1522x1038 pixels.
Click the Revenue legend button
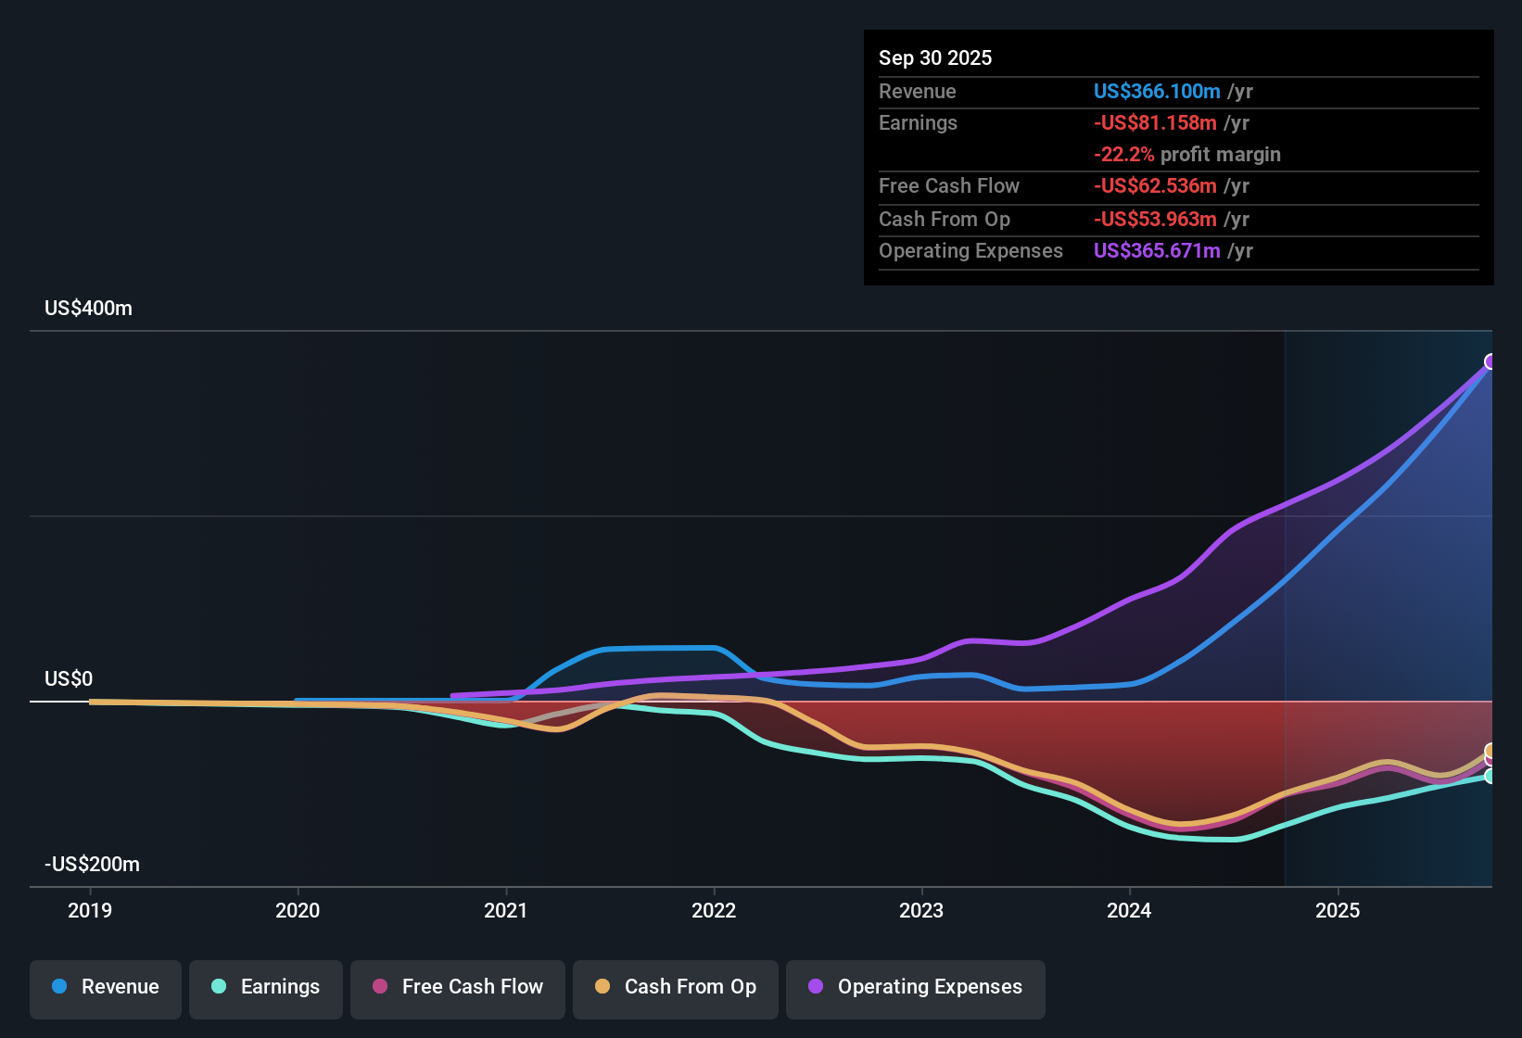point(106,987)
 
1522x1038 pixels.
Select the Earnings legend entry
point(266,987)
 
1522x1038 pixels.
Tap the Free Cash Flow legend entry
point(458,987)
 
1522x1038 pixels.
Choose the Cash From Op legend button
point(676,987)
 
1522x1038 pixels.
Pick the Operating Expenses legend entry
point(916,987)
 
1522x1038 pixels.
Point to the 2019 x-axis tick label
point(90,910)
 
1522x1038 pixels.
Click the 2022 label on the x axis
point(714,910)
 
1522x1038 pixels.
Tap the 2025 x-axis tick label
point(1338,910)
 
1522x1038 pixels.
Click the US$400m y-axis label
point(88,309)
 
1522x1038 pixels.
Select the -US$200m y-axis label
point(92,865)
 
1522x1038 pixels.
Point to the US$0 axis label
point(69,679)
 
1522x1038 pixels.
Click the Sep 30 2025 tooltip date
point(934,58)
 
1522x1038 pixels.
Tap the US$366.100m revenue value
point(1156,92)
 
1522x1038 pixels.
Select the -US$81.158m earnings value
point(1154,123)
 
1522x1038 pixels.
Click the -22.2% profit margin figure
point(1123,155)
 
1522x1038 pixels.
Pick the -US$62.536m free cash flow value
point(1154,186)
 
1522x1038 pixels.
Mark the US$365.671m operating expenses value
point(1156,251)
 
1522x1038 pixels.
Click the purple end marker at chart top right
point(1490,361)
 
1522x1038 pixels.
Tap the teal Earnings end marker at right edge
point(1490,776)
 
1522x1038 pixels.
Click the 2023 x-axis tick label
point(921,910)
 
